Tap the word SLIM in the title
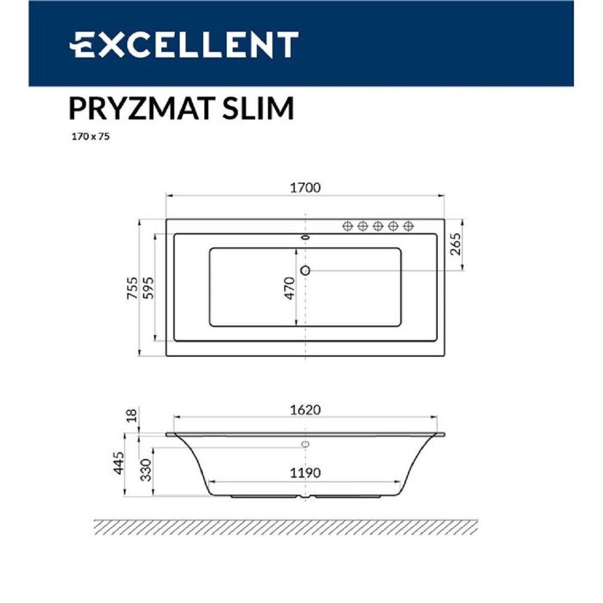tap(258, 108)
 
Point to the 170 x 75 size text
tap(91, 137)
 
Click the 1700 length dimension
tap(305, 188)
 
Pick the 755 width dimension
tap(132, 288)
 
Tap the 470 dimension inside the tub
tap(289, 288)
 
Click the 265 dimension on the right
tap(455, 244)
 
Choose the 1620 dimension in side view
tap(305, 410)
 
